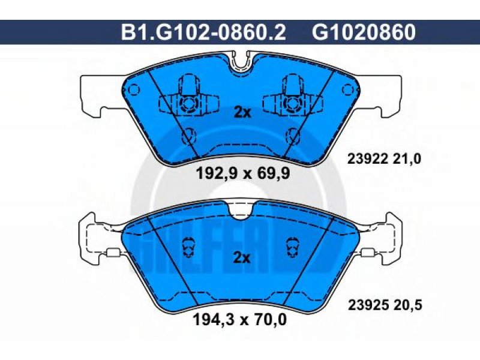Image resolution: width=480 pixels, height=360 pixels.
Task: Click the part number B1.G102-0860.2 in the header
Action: [203, 32]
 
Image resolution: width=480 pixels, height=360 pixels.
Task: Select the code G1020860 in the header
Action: [364, 32]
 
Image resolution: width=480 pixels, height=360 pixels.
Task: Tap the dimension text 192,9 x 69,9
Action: [243, 174]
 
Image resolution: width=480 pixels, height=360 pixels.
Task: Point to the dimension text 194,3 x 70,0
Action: [239, 320]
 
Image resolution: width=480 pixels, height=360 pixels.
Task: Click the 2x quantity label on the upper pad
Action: [242, 113]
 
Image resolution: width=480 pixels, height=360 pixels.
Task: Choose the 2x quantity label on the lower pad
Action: [242, 258]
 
